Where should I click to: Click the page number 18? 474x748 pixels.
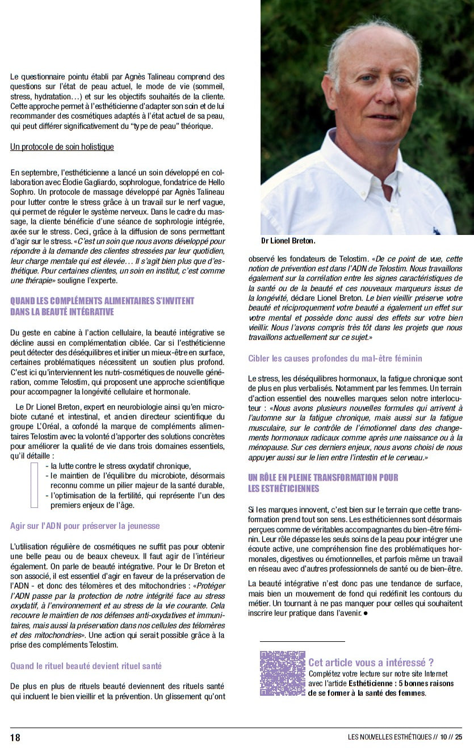click(x=15, y=737)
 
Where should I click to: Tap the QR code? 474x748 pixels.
click(x=283, y=674)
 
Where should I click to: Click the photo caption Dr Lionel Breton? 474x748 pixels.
click(x=288, y=241)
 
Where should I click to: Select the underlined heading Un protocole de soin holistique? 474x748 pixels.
click(x=62, y=147)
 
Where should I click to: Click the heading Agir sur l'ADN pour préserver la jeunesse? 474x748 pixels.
click(x=85, y=526)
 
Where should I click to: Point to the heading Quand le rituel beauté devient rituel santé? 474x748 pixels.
click(x=86, y=666)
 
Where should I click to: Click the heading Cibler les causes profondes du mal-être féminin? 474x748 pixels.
click(x=335, y=359)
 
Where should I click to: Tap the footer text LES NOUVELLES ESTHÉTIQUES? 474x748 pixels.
click(x=389, y=737)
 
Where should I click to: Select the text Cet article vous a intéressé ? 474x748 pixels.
click(x=371, y=662)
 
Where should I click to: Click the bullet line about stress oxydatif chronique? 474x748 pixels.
click(x=121, y=466)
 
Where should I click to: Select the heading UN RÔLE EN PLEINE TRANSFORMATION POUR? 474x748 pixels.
click(x=323, y=477)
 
